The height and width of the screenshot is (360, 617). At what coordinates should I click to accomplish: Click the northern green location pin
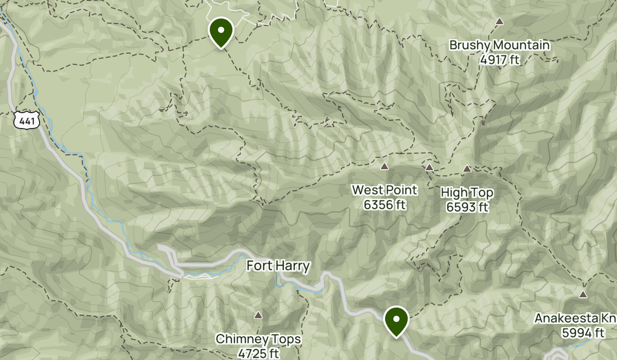(221, 31)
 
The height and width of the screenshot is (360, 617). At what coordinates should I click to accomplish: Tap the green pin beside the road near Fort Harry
(396, 320)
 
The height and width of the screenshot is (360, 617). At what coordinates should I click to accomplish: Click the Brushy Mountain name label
(499, 45)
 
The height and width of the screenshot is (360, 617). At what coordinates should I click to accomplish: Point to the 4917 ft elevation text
(499, 60)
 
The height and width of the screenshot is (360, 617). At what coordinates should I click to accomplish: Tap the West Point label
(385, 190)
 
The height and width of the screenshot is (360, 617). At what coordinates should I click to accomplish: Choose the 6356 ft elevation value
(385, 205)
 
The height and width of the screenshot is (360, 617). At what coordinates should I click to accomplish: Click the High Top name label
(467, 193)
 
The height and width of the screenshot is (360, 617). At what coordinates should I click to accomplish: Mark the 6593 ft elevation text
(467, 207)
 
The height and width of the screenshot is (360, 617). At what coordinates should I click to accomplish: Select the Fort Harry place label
(278, 266)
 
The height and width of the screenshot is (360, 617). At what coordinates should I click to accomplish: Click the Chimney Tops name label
(258, 339)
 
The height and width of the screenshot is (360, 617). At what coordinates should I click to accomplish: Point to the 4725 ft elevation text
(258, 353)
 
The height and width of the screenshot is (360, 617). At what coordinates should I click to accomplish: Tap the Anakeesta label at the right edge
(575, 318)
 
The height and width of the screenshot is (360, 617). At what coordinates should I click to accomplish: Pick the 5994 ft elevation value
(583, 333)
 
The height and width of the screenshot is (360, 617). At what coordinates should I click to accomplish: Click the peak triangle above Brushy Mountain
(499, 22)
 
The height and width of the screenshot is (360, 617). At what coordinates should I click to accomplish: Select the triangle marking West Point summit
(384, 166)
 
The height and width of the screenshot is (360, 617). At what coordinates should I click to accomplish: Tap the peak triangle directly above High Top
(467, 168)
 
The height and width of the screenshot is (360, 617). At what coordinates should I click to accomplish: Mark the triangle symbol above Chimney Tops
(258, 315)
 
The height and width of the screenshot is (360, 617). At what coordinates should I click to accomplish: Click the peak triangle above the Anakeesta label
(583, 294)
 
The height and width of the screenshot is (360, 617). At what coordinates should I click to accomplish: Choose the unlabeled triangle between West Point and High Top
(429, 167)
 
